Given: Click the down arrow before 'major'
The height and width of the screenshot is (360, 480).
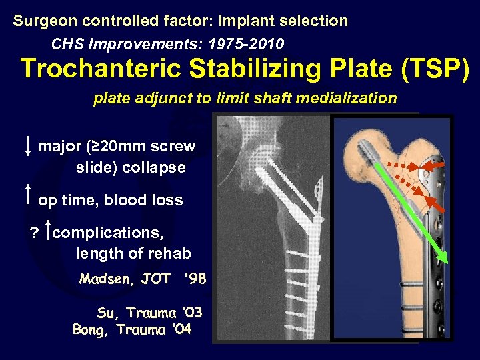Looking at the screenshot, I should (27, 145).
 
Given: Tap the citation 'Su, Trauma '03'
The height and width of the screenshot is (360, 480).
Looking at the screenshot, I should (149, 312).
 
